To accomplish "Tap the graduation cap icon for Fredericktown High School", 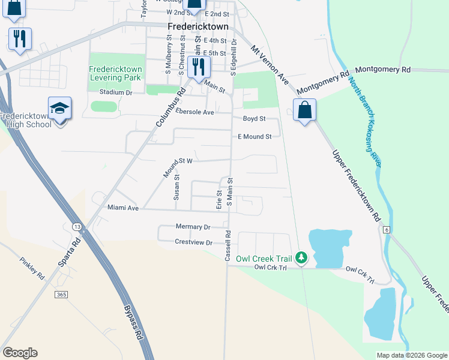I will point(60,108).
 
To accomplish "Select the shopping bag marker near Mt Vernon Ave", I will point(305,110).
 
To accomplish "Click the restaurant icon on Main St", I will point(199,65).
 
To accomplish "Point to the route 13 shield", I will point(77,227).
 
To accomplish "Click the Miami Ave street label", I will point(123,208).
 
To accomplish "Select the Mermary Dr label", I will point(193,227).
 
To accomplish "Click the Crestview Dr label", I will point(194,242).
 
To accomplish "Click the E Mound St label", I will point(255,137).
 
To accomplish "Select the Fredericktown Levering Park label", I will point(115,73).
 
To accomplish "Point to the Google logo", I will point(20,353).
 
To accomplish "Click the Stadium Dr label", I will point(116,92).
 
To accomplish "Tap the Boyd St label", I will point(254,119).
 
